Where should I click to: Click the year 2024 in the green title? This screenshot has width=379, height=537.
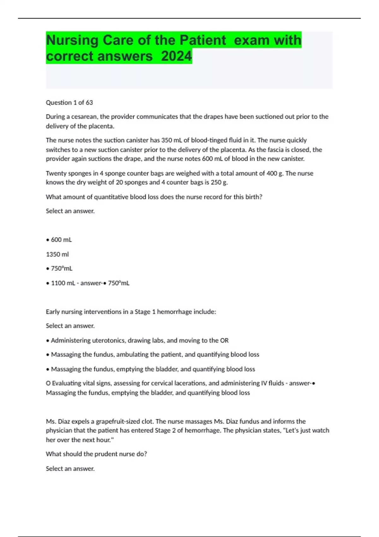pos(176,56)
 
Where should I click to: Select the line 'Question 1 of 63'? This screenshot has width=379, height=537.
pos(69,102)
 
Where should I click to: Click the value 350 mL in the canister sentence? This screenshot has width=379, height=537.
pos(171,140)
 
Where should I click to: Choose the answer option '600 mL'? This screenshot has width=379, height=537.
pos(61,240)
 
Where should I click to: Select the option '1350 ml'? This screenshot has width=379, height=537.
pos(57,254)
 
